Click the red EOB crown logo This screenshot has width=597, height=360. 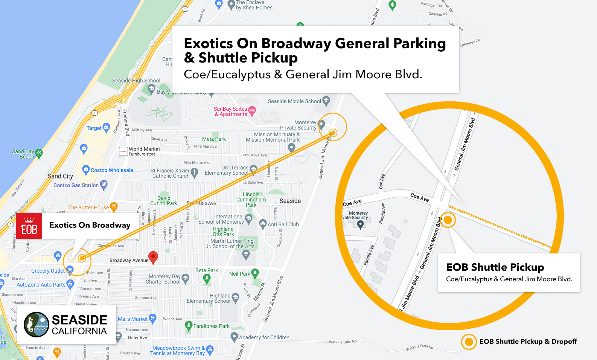(x=29, y=226)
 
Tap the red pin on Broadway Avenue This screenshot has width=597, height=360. (x=153, y=257)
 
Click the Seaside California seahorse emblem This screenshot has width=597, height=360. (x=37, y=324)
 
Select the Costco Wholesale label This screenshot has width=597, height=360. (x=112, y=170)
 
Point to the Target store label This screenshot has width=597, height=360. (x=94, y=128)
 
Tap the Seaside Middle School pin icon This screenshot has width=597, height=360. (x=326, y=101)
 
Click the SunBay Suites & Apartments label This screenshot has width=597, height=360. (x=231, y=111)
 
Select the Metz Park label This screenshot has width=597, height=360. (x=214, y=139)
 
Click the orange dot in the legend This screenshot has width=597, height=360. (x=469, y=342)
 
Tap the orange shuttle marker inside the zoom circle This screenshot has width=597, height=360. (x=448, y=220)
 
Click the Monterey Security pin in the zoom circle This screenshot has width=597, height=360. (x=360, y=224)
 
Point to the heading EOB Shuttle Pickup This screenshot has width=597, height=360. (x=495, y=267)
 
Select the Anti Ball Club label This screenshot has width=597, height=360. (x=283, y=224)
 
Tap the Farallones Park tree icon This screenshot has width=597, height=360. (x=189, y=325)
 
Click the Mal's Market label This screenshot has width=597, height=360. (x=132, y=319)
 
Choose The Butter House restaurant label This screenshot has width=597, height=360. (x=88, y=207)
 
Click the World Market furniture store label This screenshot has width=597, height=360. (x=144, y=151)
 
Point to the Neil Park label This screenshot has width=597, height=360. (x=240, y=274)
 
